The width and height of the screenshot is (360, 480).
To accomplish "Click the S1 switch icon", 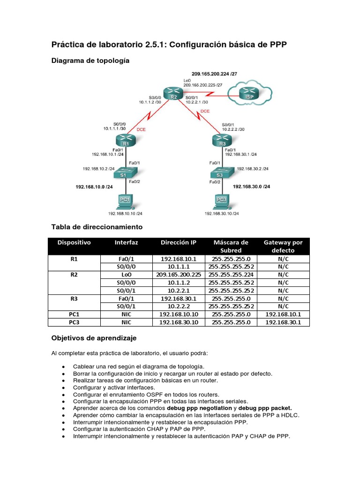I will pos(124,173).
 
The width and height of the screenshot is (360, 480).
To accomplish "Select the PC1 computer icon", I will pos(124,202).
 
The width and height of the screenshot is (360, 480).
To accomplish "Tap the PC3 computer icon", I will pos(221,202).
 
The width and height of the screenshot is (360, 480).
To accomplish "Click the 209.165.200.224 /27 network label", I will pos(214,74).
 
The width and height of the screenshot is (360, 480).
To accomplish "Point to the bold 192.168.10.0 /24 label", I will pos(94,187).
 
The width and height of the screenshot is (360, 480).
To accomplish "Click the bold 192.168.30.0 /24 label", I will pos(251,187).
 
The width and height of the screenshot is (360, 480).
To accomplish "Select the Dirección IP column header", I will pos(178,243).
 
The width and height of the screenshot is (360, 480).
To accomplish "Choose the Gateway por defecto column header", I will pos(283,247).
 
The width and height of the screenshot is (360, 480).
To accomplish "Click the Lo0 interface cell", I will pos(126,275).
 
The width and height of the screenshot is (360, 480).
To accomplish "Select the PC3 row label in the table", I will pos(74,322).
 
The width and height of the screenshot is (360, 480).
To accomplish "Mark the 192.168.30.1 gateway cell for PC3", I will pos(283,322).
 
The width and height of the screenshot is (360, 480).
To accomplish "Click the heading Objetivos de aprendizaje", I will pos(93,338).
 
